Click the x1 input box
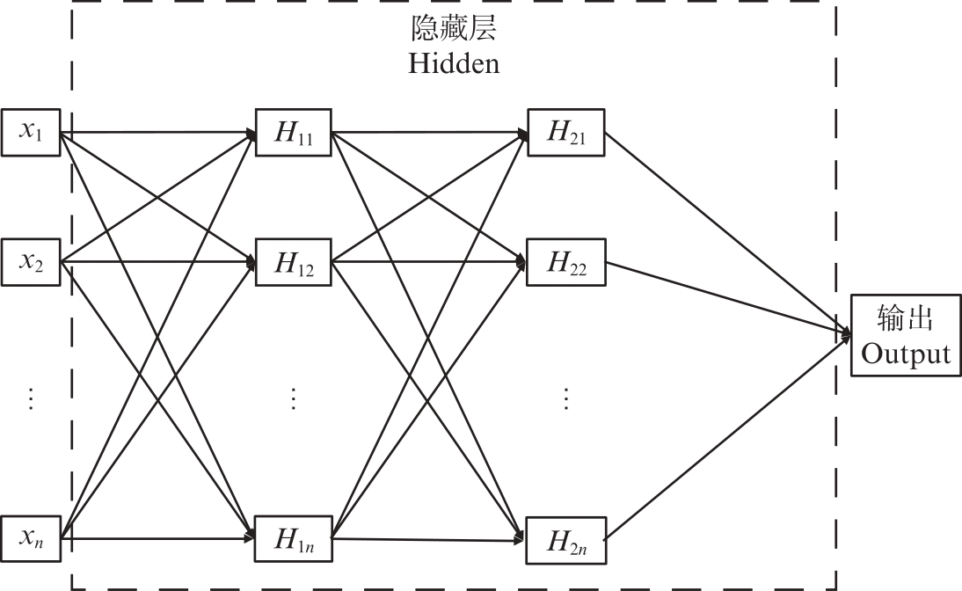tap(31, 133)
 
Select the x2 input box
tap(31, 262)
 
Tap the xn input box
tap(31, 537)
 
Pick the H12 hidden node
tap(293, 262)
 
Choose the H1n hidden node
tap(293, 537)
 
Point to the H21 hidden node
tap(566, 133)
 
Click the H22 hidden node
tap(566, 262)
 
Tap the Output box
tap(906, 336)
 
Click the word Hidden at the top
tap(454, 64)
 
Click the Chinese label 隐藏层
tap(454, 31)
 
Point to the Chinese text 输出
tap(906, 319)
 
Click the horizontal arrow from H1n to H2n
tap(431, 540)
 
